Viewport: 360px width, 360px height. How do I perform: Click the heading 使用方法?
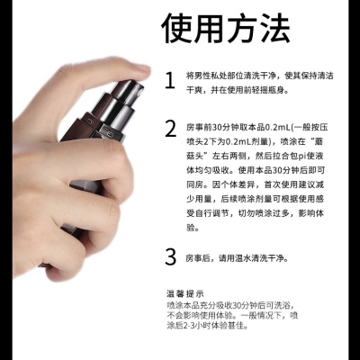(x=226, y=29)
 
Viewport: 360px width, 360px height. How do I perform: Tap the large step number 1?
(x=170, y=80)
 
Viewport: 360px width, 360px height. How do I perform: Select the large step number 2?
(x=171, y=129)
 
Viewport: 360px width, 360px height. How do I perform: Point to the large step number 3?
(x=171, y=257)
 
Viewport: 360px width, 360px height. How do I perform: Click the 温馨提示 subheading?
(x=185, y=293)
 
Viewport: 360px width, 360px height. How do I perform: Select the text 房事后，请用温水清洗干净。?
(x=238, y=258)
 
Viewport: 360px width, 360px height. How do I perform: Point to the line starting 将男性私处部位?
(x=260, y=76)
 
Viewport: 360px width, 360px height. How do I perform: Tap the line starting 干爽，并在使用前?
(x=238, y=90)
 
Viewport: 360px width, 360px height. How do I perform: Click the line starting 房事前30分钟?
(x=256, y=127)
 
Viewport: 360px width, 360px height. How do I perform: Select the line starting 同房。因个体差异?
(x=256, y=184)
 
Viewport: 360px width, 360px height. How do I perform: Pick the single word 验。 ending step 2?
(x=193, y=228)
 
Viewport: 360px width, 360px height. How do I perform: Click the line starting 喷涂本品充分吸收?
(x=230, y=305)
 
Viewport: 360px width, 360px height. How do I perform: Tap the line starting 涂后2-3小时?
(x=208, y=325)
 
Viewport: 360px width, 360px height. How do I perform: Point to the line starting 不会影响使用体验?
(x=232, y=315)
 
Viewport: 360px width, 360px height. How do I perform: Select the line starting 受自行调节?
(x=256, y=213)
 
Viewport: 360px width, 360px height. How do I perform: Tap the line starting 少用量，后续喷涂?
(x=256, y=199)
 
